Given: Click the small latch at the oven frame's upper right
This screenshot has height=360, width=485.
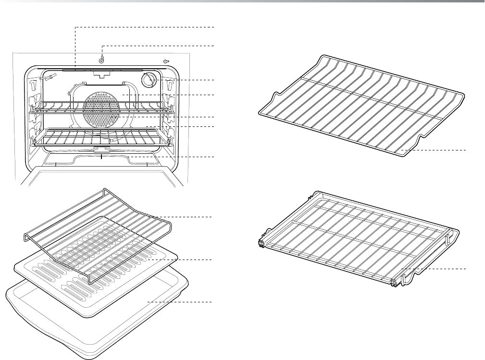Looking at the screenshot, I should coord(166,61).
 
